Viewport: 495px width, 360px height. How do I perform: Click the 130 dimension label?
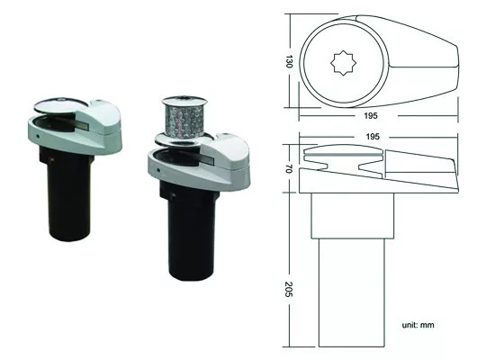(x=289, y=61)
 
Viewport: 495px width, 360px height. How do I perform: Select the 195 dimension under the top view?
(x=371, y=116)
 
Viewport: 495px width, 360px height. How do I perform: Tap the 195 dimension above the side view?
(x=373, y=137)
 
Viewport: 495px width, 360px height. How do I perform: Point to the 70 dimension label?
(x=289, y=168)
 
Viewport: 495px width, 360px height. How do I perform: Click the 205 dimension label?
(x=289, y=289)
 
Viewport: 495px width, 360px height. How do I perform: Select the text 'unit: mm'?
(x=418, y=325)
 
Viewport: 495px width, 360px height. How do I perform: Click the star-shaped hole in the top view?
(x=343, y=64)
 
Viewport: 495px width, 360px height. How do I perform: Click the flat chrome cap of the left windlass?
(x=61, y=104)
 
